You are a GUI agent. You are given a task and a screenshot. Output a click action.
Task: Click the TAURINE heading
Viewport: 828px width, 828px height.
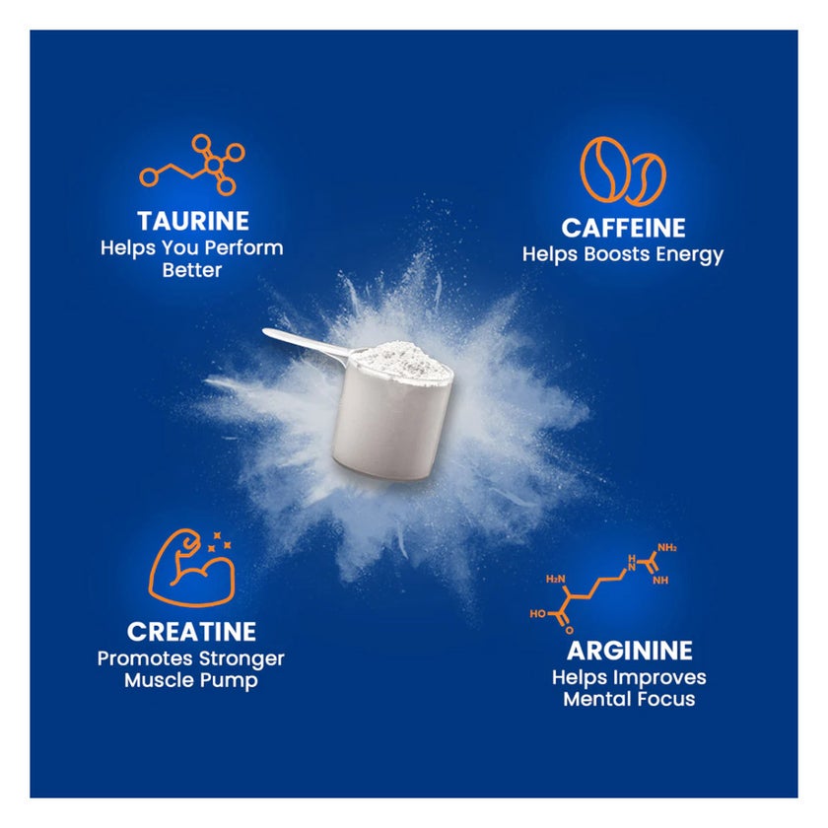pos(193,221)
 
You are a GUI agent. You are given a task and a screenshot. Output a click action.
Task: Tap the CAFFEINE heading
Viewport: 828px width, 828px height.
pos(623,228)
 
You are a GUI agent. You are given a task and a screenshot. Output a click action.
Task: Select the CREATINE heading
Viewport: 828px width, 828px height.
pos(191,632)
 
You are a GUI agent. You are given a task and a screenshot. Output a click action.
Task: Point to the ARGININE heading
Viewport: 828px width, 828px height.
pos(630,651)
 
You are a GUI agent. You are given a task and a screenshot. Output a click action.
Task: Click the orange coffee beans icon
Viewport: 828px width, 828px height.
pos(622,172)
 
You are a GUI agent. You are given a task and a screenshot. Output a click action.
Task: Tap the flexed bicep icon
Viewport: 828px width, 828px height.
pos(191,567)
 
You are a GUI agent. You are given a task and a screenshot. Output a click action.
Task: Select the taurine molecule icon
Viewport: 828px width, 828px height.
pos(192,165)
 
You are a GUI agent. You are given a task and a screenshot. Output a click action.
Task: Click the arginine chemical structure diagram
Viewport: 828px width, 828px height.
pos(603,587)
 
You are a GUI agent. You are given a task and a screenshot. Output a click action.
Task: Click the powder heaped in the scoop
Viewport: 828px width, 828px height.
pos(401,358)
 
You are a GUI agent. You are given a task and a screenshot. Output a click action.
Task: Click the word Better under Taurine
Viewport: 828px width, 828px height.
pos(191,270)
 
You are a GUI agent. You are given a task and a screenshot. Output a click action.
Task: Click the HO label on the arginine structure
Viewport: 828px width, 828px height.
pos(537,613)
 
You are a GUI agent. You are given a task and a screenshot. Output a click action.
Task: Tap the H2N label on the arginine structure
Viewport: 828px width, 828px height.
pos(556,580)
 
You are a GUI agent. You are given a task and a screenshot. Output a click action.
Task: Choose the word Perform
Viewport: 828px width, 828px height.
pos(244,247)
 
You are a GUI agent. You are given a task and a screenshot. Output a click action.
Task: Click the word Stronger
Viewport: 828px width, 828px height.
pos(241,659)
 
